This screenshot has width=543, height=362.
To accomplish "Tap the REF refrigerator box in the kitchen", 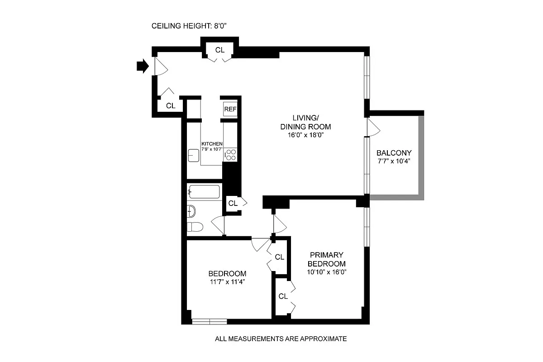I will point(230,109).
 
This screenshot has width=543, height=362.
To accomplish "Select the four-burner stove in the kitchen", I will point(231,155).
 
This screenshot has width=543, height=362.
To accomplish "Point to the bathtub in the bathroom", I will point(204,192).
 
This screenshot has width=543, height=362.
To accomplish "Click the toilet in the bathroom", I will point(194,227).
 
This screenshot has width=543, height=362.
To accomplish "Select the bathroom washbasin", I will point(191,210).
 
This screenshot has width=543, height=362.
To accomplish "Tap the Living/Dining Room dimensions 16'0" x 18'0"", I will point(305,135).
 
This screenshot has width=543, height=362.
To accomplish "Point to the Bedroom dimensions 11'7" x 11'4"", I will point(227,282).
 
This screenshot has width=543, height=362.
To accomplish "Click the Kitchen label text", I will point(212,144).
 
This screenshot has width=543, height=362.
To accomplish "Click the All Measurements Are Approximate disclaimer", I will point(281,338).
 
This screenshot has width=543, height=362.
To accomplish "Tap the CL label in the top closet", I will point(219,50).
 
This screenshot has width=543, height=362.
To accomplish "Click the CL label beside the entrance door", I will point(171,106).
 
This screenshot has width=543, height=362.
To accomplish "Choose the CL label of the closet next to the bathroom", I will point(233,203).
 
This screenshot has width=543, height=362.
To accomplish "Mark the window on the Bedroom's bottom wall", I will point(209,322).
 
